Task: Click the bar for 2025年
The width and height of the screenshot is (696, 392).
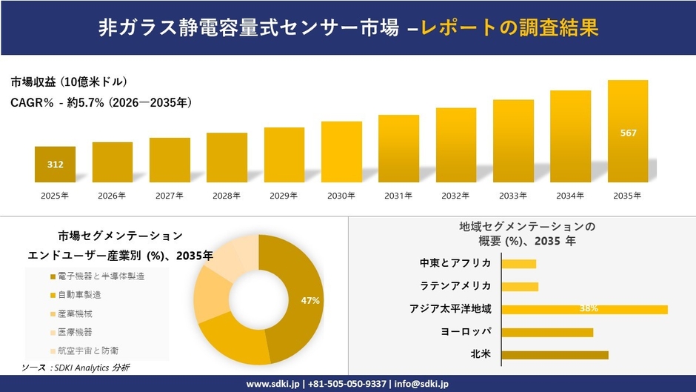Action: tap(55, 165)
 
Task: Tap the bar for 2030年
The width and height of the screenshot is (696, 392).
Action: tap(341, 152)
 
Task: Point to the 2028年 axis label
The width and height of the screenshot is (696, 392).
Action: tap(227, 196)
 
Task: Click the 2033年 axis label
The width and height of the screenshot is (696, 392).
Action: tap(513, 196)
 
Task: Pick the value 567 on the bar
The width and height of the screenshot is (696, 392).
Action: tap(628, 133)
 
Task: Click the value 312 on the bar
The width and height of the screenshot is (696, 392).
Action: tap(55, 165)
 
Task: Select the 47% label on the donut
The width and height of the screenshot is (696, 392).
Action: tap(310, 300)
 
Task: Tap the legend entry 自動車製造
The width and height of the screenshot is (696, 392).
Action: tap(79, 295)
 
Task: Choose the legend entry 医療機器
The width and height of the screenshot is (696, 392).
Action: tap(75, 331)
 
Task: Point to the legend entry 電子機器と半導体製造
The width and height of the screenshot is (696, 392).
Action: tap(96, 276)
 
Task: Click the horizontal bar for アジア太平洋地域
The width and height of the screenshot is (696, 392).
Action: tap(584, 309)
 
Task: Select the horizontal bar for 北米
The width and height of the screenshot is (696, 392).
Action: tap(555, 355)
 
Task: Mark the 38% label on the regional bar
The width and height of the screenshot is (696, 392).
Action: tap(589, 309)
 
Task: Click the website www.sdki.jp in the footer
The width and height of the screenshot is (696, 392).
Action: tap(273, 384)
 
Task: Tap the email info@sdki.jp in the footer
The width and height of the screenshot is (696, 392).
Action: tap(421, 384)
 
